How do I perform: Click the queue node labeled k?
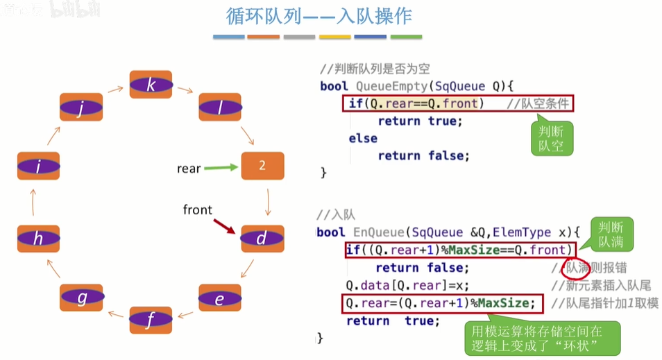click(151, 85)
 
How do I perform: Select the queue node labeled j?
click(81, 109)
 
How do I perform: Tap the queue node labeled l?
click(220, 109)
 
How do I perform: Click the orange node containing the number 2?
click(262, 166)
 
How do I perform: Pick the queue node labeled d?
click(262, 239)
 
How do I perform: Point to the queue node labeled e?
click(220, 298)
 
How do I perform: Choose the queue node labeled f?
click(151, 320)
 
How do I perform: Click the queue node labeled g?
click(82, 298)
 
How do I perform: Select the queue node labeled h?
click(38, 239)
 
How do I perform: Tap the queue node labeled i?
click(38, 166)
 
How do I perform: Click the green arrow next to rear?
click(220, 167)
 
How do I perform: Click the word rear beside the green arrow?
click(189, 168)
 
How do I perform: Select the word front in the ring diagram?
click(198, 209)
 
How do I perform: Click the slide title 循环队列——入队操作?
click(323, 16)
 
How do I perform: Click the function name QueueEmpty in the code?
click(389, 87)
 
